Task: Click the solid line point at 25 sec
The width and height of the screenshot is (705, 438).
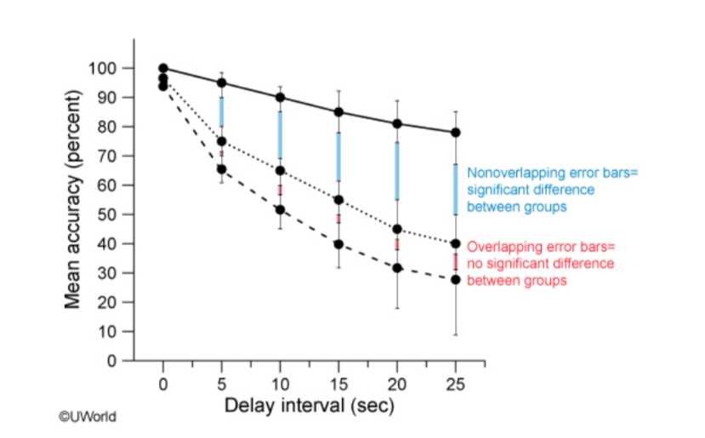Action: click(x=456, y=133)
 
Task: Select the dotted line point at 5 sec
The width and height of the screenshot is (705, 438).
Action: click(x=222, y=141)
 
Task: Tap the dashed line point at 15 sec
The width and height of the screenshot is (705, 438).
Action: click(x=338, y=244)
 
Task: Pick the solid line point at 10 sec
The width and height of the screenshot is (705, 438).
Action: click(x=281, y=97)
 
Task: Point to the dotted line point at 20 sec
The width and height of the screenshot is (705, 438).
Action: click(x=397, y=229)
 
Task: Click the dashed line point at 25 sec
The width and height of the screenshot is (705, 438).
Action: click(x=456, y=279)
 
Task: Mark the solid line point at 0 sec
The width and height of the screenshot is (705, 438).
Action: click(x=163, y=68)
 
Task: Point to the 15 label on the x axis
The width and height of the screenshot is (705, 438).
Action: click(x=338, y=383)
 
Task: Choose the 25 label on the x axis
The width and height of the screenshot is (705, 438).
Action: click(x=456, y=383)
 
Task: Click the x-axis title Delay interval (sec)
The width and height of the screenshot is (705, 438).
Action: click(x=309, y=406)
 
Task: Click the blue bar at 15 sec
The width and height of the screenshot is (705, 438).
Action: click(x=338, y=156)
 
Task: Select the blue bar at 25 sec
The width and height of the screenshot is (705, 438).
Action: click(x=456, y=189)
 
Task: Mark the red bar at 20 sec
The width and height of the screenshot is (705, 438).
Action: click(x=397, y=244)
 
